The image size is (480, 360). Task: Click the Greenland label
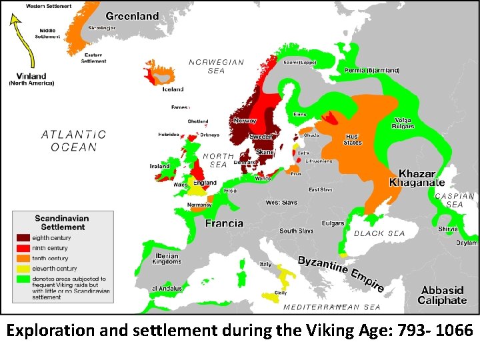(132, 16)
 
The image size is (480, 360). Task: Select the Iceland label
(173, 89)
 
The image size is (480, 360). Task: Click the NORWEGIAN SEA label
(216, 66)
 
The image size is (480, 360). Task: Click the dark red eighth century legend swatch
(23, 237)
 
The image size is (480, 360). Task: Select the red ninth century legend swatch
(23, 248)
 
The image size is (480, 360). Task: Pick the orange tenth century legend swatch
(23, 258)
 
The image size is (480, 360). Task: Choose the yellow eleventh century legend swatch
(23, 269)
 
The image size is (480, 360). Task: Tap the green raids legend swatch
(23, 279)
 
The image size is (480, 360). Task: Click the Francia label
(224, 223)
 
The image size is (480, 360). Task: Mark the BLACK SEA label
(379, 234)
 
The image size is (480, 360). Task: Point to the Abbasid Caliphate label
(443, 295)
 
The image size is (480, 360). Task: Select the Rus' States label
(353, 139)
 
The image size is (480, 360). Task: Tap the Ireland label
(159, 166)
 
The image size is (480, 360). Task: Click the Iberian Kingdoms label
(167, 259)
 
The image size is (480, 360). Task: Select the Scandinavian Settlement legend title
(63, 223)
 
